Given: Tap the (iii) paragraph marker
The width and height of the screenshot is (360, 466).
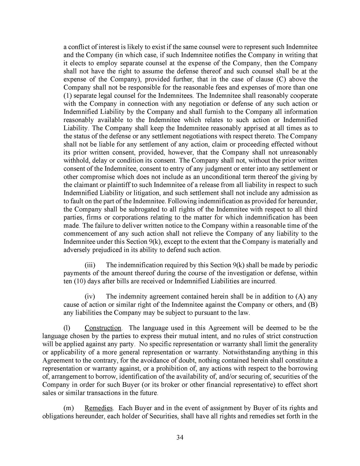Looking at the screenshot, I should tap(90, 265).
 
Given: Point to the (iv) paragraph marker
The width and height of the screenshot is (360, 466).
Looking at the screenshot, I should tap(90, 297).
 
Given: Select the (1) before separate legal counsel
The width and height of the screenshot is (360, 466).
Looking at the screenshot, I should tap(67, 95).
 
